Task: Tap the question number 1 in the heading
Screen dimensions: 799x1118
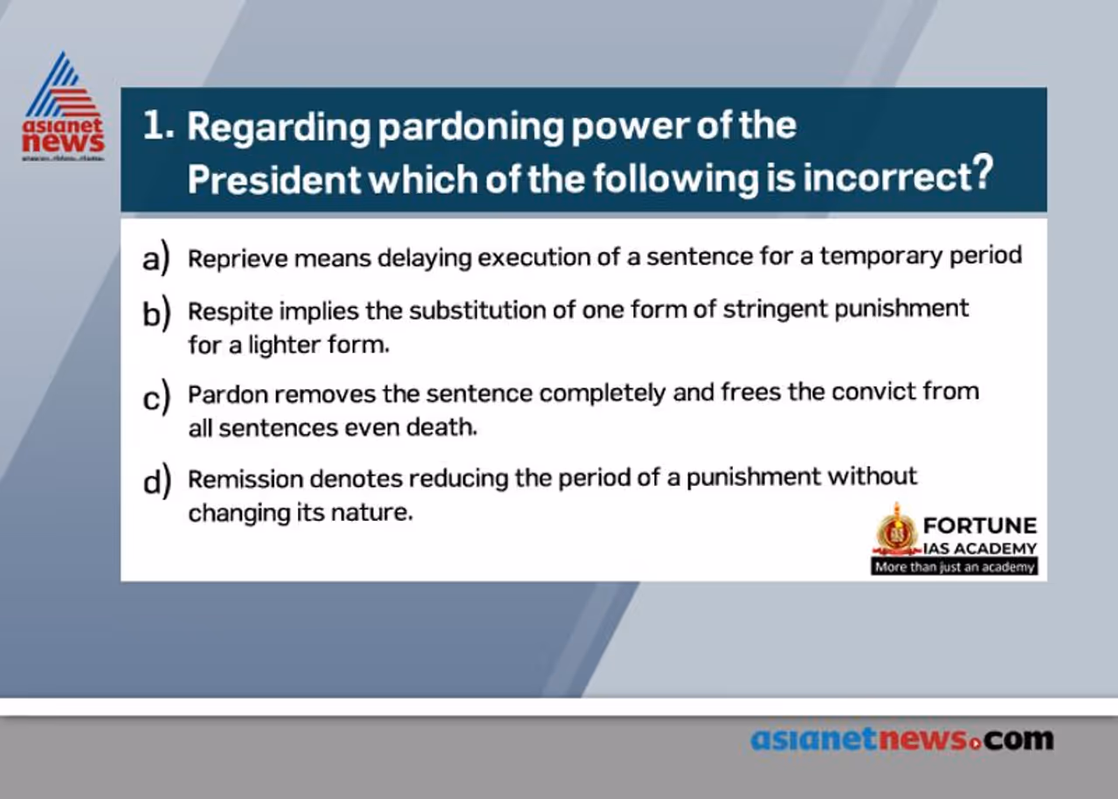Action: [x=158, y=127]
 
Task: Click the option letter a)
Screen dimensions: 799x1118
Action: [x=155, y=259]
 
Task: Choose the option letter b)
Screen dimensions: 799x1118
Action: [x=155, y=313]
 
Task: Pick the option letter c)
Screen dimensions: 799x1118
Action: [x=155, y=397]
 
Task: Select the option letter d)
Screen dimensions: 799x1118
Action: [x=155, y=482]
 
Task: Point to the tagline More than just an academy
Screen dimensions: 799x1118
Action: [x=954, y=566]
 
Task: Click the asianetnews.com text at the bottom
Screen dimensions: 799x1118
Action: [x=902, y=740]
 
